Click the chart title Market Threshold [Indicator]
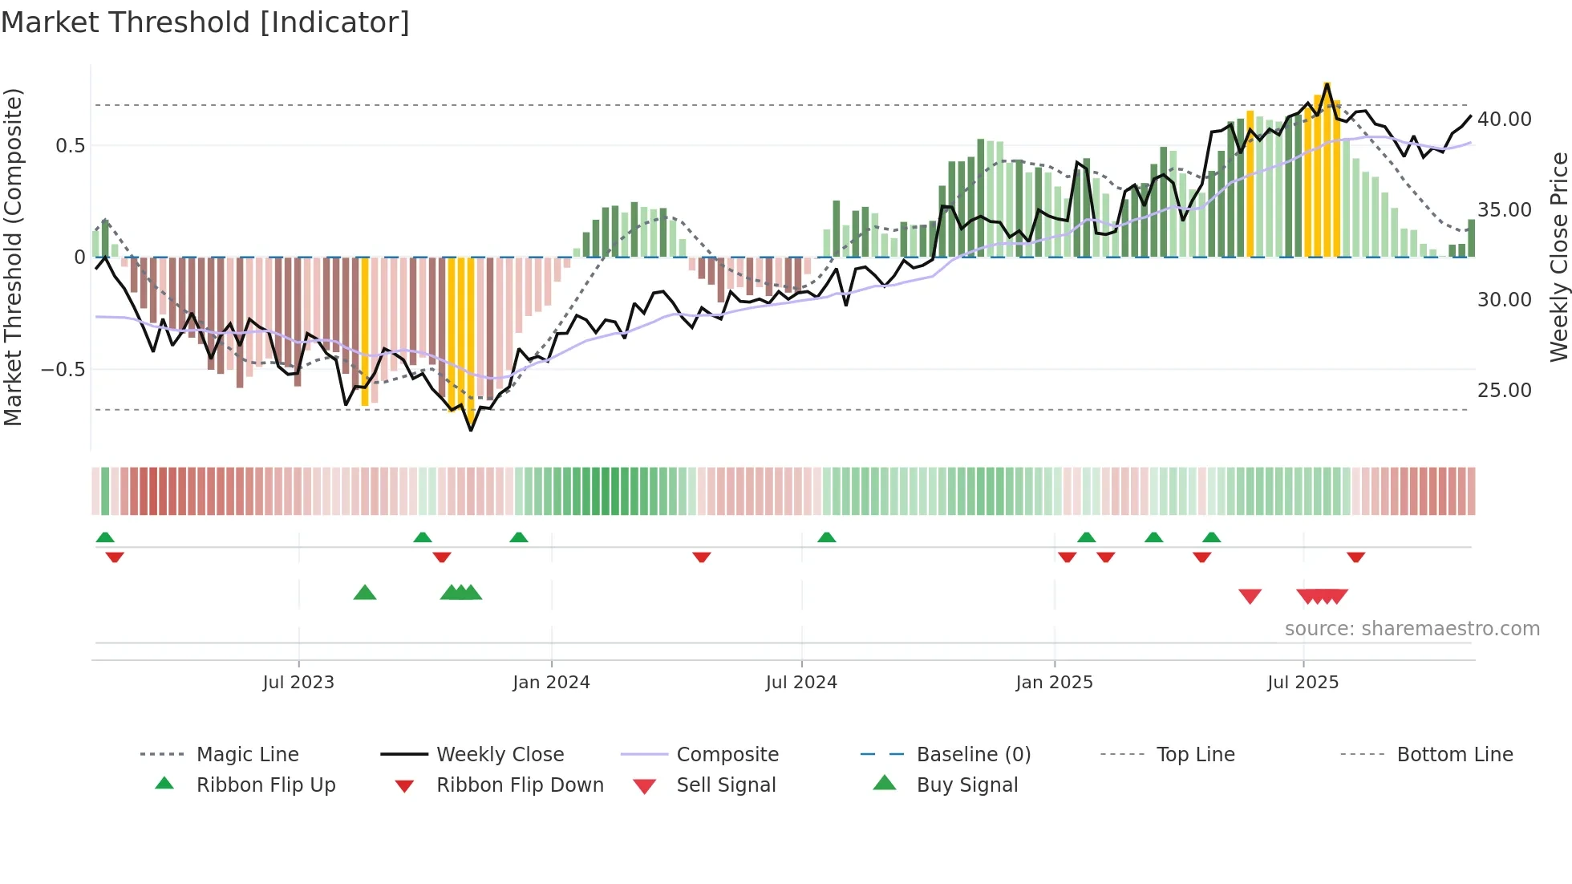205,22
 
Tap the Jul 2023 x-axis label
298,683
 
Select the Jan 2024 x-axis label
551,683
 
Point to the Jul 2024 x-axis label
801,683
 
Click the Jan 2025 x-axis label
1054,683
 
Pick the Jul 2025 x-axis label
1303,683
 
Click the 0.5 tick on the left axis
70,146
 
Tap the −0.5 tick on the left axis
63,370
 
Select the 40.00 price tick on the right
1504,120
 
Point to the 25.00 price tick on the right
1504,391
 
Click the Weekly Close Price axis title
1558,257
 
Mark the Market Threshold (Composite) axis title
13,257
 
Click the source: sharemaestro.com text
1412,629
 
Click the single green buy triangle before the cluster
365,593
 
